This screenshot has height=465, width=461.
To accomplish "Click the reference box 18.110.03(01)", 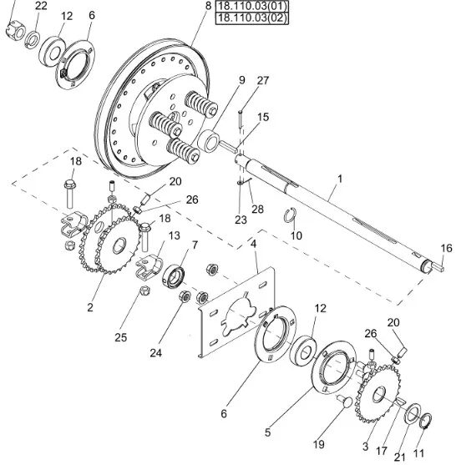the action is tap(251, 6).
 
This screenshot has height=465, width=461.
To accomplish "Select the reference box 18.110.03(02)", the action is tap(251, 18).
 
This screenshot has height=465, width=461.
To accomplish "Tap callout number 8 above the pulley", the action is tap(208, 6).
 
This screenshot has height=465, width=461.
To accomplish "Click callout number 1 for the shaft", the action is tap(340, 179).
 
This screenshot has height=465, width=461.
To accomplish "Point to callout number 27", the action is tap(262, 80).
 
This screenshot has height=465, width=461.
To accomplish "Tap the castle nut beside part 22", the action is tap(14, 31).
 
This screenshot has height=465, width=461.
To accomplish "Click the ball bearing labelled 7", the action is tap(174, 277).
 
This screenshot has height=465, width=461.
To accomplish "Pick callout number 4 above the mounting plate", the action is tap(253, 244).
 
